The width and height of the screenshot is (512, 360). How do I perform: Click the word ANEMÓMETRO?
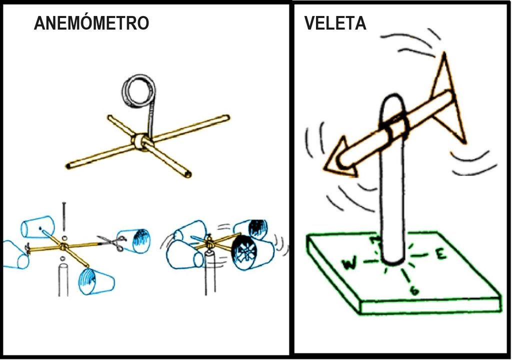click(x=91, y=23)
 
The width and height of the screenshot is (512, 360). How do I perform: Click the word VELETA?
click(x=334, y=23)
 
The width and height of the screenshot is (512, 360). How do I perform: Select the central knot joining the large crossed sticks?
click(x=140, y=141)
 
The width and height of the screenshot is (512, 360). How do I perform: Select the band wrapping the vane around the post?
click(x=396, y=127)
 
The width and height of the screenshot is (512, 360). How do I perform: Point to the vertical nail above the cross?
click(x=64, y=215)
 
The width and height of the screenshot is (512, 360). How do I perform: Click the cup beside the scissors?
click(x=134, y=240)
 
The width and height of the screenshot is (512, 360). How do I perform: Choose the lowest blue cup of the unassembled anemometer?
click(x=95, y=281)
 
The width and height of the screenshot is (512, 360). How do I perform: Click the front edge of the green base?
click(x=430, y=306)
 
